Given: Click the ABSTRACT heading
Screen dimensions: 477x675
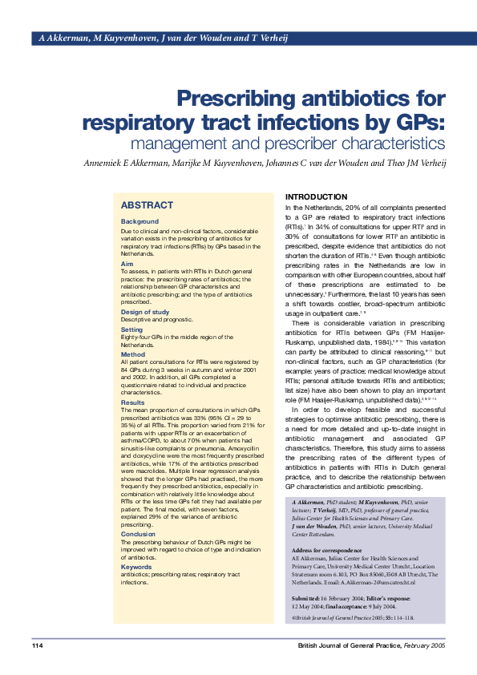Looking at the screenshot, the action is [147, 205].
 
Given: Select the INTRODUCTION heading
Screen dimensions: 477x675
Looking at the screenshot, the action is [317, 196].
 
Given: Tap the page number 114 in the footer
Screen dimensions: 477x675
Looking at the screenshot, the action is [38, 646].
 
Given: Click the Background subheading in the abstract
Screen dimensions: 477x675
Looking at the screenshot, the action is [139, 221].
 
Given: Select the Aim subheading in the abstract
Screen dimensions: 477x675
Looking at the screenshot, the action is [127, 264].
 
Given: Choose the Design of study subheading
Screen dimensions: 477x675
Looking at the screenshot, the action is [145, 312].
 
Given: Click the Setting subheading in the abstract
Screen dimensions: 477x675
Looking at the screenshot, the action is [131, 329].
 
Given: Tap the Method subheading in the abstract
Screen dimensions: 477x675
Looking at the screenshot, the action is [133, 354].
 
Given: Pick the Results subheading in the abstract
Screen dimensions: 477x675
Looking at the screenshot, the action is [134, 402].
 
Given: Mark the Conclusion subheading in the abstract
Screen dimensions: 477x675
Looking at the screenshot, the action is [138, 533].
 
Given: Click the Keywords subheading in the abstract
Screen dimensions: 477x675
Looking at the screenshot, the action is [137, 567].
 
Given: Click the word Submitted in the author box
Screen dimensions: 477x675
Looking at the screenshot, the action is [305, 599].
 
